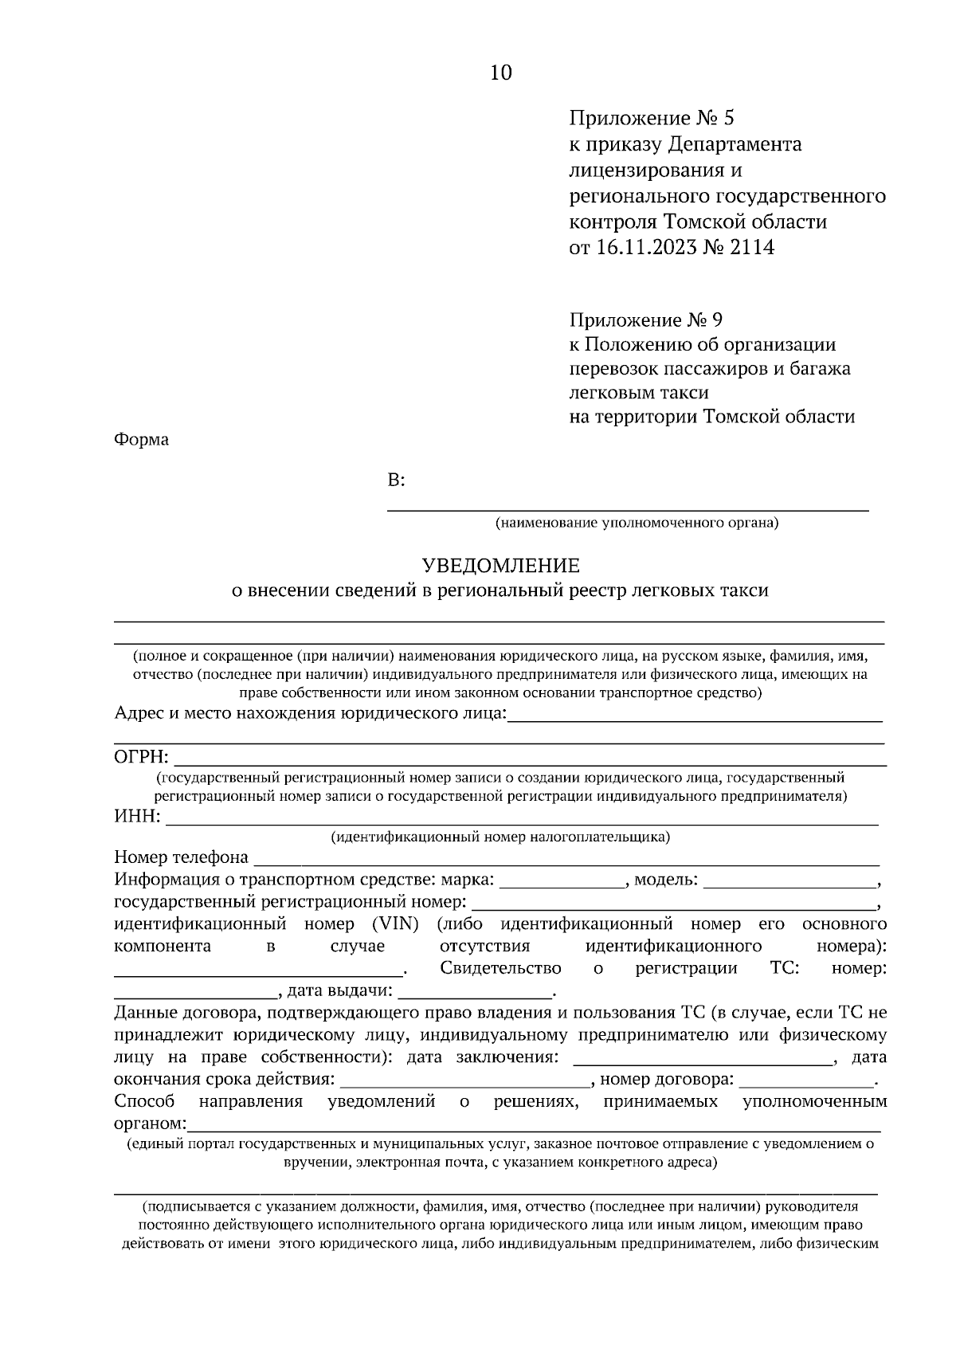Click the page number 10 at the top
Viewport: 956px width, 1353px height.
(501, 73)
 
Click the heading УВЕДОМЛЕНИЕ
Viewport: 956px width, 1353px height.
(500, 566)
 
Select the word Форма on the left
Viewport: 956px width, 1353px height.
(142, 439)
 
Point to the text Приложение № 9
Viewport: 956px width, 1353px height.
(646, 320)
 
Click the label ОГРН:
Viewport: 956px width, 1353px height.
(142, 756)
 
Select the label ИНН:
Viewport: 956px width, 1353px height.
(137, 816)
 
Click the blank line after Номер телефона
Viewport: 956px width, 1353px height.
(566, 859)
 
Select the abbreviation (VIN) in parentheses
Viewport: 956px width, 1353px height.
(395, 924)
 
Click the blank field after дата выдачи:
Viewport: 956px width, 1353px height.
(475, 992)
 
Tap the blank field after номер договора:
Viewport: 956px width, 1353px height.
(806, 1080)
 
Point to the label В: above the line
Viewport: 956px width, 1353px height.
(396, 480)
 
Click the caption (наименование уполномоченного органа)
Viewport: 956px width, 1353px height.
(636, 524)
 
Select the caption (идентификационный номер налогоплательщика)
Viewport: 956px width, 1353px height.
(500, 837)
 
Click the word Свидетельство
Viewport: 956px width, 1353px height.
(500, 968)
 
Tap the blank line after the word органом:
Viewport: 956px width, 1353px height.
(534, 1125)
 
